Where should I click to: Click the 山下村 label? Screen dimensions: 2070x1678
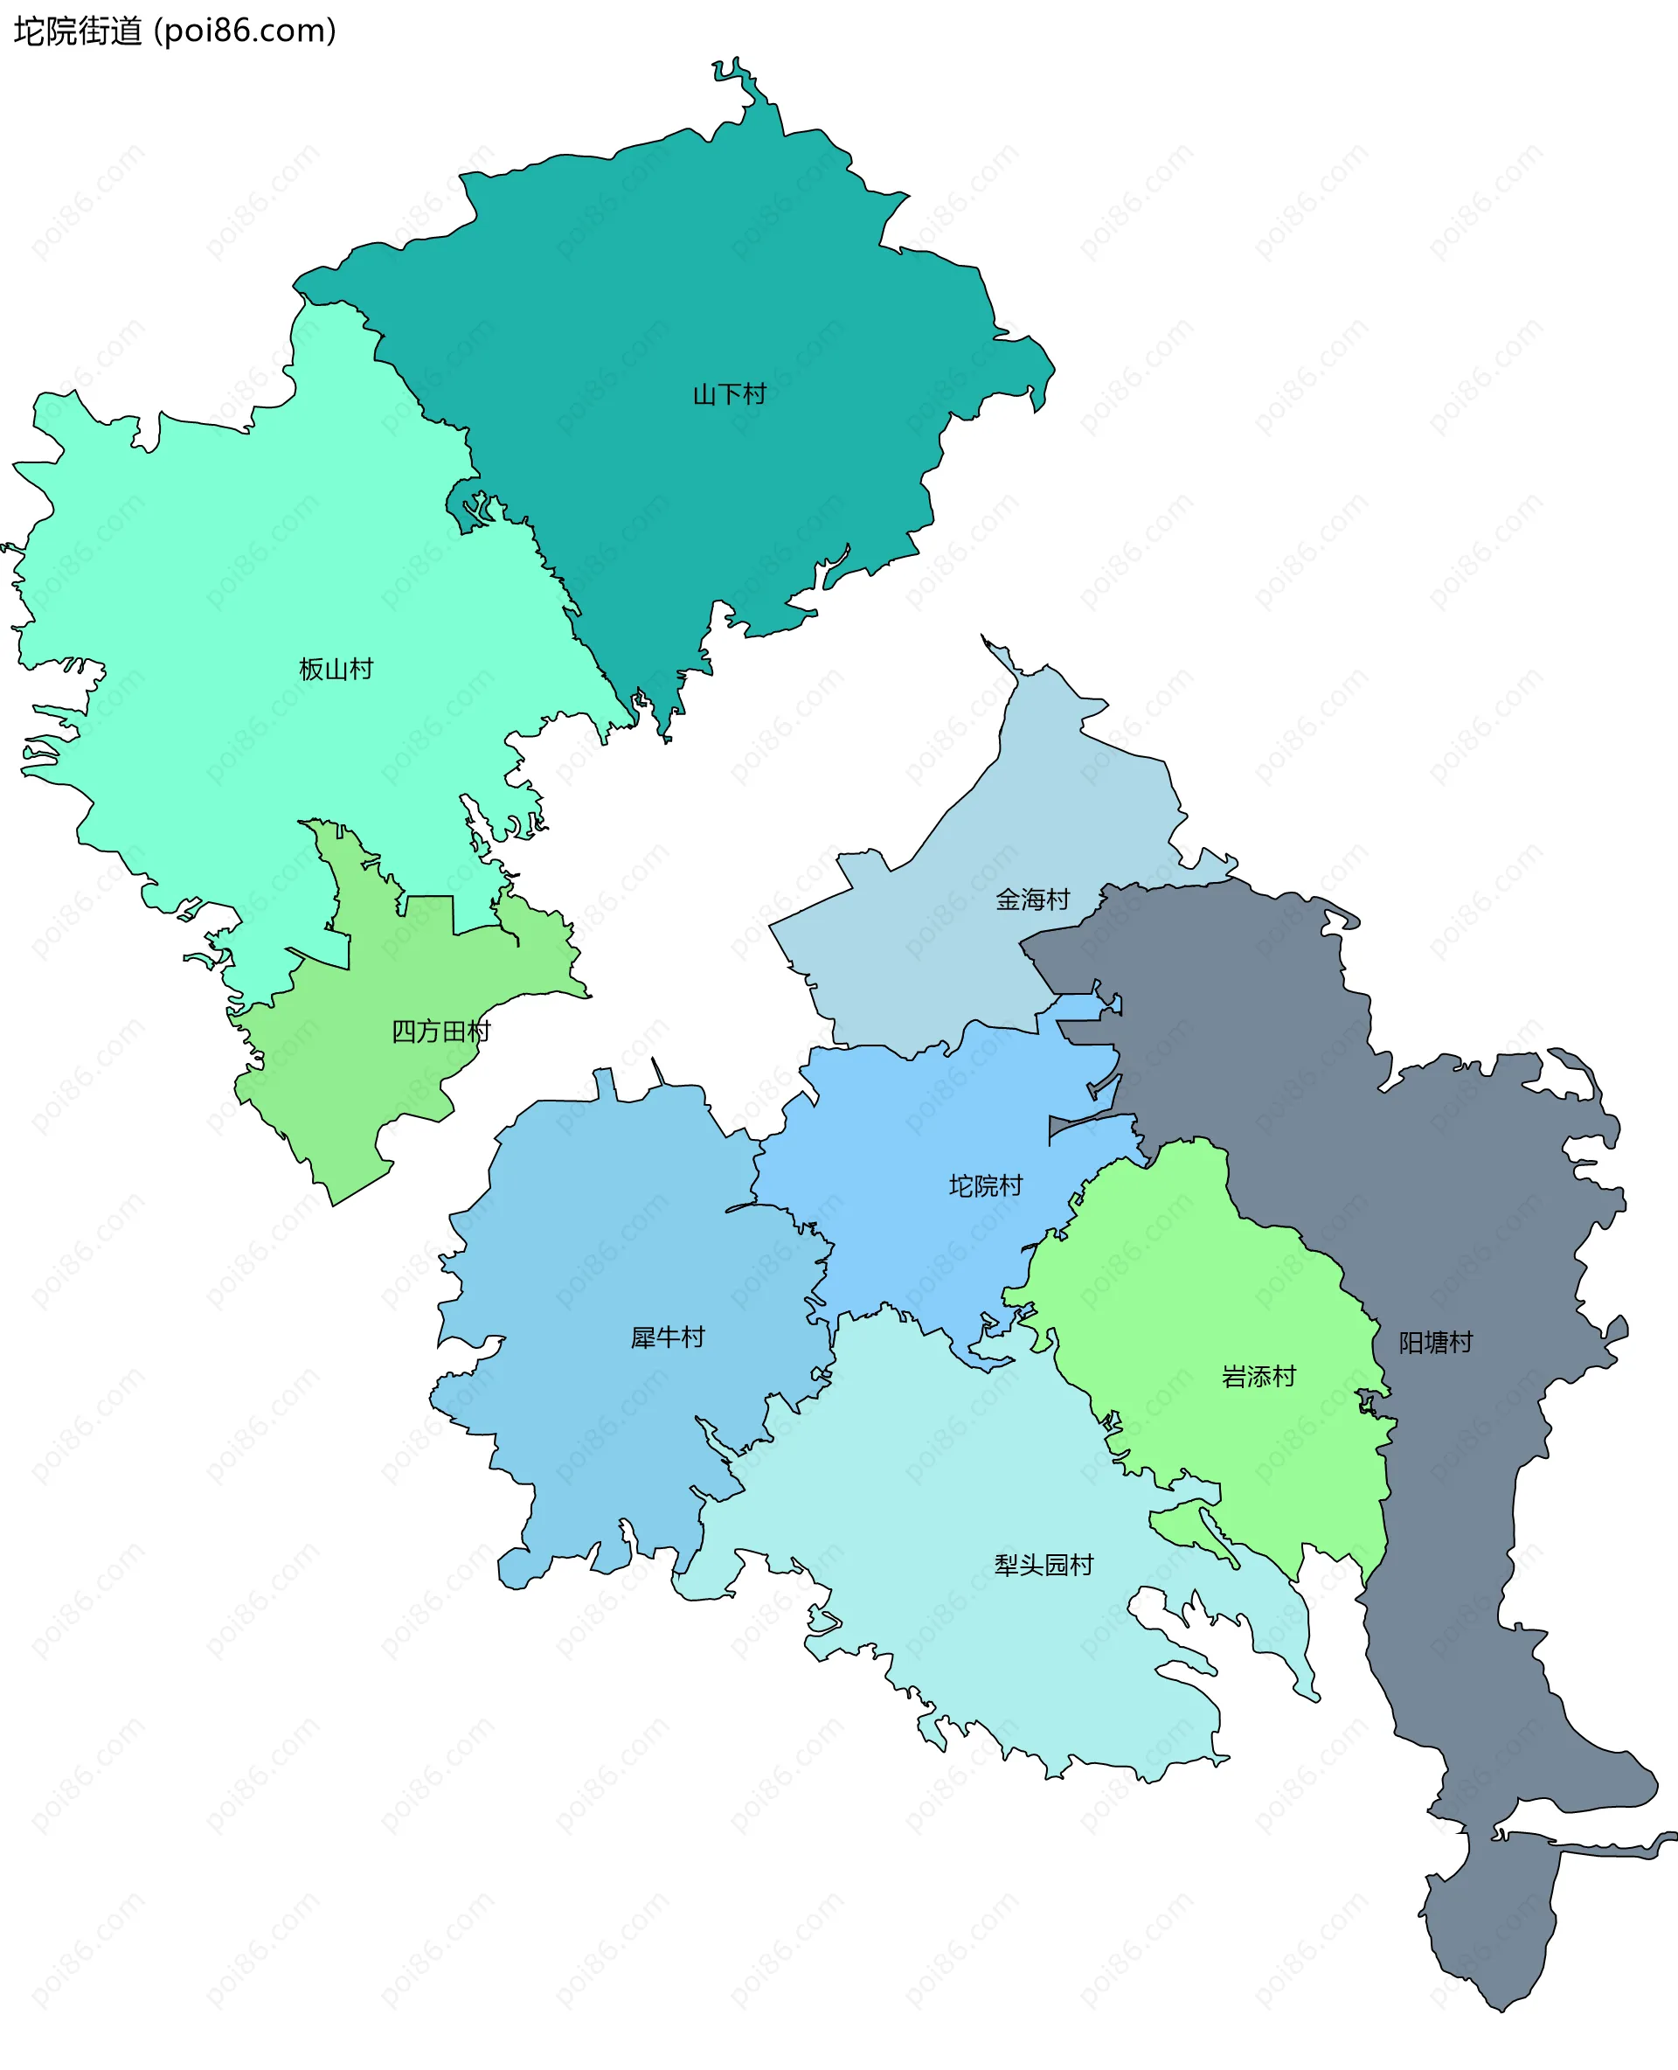[730, 394]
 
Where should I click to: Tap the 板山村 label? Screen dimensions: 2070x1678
[336, 669]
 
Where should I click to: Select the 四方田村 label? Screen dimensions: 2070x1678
[440, 1032]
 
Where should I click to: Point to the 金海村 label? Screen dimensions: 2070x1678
[1032, 900]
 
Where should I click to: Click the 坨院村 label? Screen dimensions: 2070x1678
[985, 1185]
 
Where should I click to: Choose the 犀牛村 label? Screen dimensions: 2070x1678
[668, 1337]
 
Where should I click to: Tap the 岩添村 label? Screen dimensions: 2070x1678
[1258, 1377]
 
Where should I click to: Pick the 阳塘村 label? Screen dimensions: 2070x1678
[1435, 1343]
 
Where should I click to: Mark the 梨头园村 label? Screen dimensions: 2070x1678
[1044, 1566]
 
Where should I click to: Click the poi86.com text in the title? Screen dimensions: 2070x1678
[246, 31]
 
